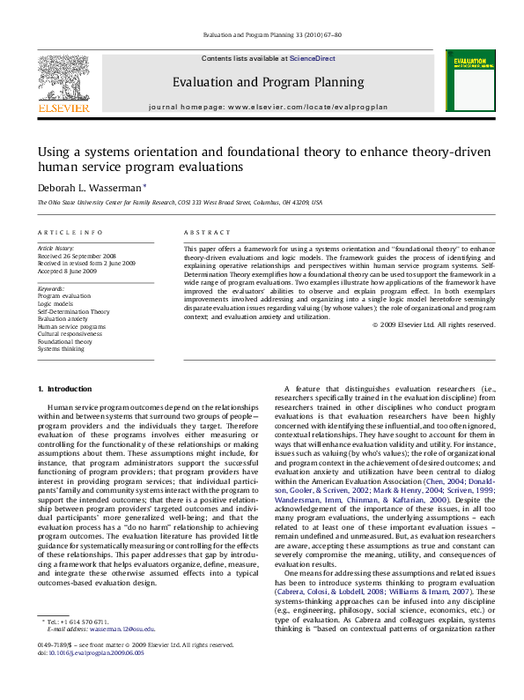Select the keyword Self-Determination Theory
73,311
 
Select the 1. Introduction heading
67,389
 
